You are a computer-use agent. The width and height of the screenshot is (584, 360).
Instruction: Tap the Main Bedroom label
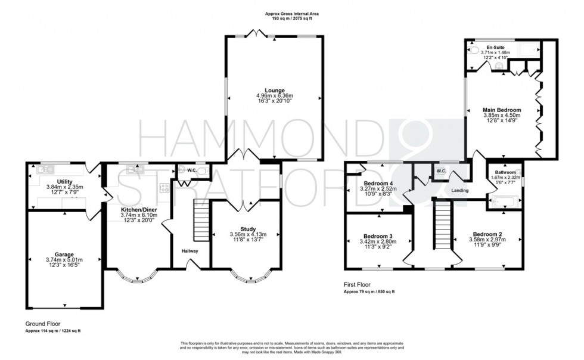(502, 110)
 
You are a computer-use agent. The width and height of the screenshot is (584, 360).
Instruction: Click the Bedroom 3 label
(378, 236)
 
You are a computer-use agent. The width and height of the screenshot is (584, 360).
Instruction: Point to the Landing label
(460, 191)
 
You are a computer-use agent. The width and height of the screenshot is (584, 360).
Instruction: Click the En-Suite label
(495, 46)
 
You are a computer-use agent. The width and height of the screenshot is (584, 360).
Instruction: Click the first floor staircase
(441, 226)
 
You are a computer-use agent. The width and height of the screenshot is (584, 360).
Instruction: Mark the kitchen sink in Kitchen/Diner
(136, 169)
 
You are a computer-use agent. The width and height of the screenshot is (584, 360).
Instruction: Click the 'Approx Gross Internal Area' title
(291, 13)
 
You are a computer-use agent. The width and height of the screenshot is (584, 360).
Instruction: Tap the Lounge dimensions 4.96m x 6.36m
(275, 96)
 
